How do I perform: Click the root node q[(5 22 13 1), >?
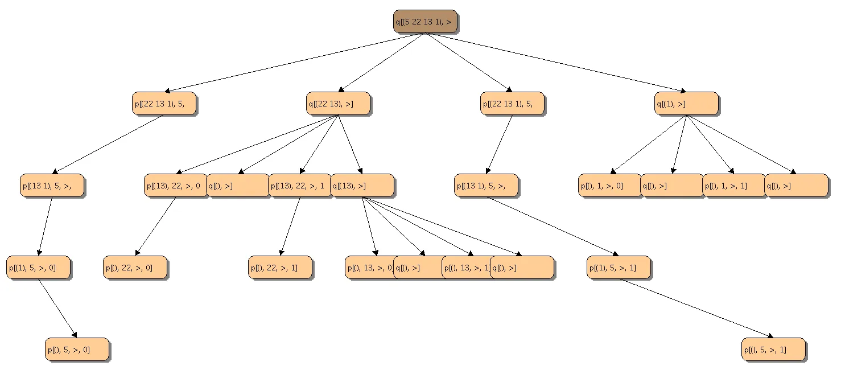pyautogui.click(x=425, y=22)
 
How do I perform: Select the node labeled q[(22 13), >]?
pyautogui.click(x=338, y=104)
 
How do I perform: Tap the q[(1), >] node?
pyautogui.click(x=686, y=104)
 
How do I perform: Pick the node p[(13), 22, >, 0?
pyautogui.click(x=175, y=186)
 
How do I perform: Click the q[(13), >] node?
pyautogui.click(x=362, y=186)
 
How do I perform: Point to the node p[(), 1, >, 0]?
pyautogui.click(x=609, y=186)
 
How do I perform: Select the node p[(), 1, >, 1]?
pyautogui.click(x=733, y=186)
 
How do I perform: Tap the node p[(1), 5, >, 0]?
pyautogui.click(x=39, y=268)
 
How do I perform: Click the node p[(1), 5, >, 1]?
pyautogui.click(x=619, y=268)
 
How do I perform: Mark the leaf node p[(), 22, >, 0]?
pyautogui.click(x=135, y=268)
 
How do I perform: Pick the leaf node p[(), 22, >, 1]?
pyautogui.click(x=281, y=268)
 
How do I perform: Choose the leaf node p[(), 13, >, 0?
pyautogui.click(x=369, y=268)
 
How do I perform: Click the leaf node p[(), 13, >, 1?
pyautogui.click(x=465, y=268)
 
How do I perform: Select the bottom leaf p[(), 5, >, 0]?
pyautogui.click(x=77, y=350)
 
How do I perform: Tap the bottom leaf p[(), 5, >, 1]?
pyautogui.click(x=773, y=350)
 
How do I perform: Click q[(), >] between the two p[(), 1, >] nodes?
pyautogui.click(x=672, y=186)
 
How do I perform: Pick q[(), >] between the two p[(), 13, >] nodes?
pyautogui.click(x=418, y=268)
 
